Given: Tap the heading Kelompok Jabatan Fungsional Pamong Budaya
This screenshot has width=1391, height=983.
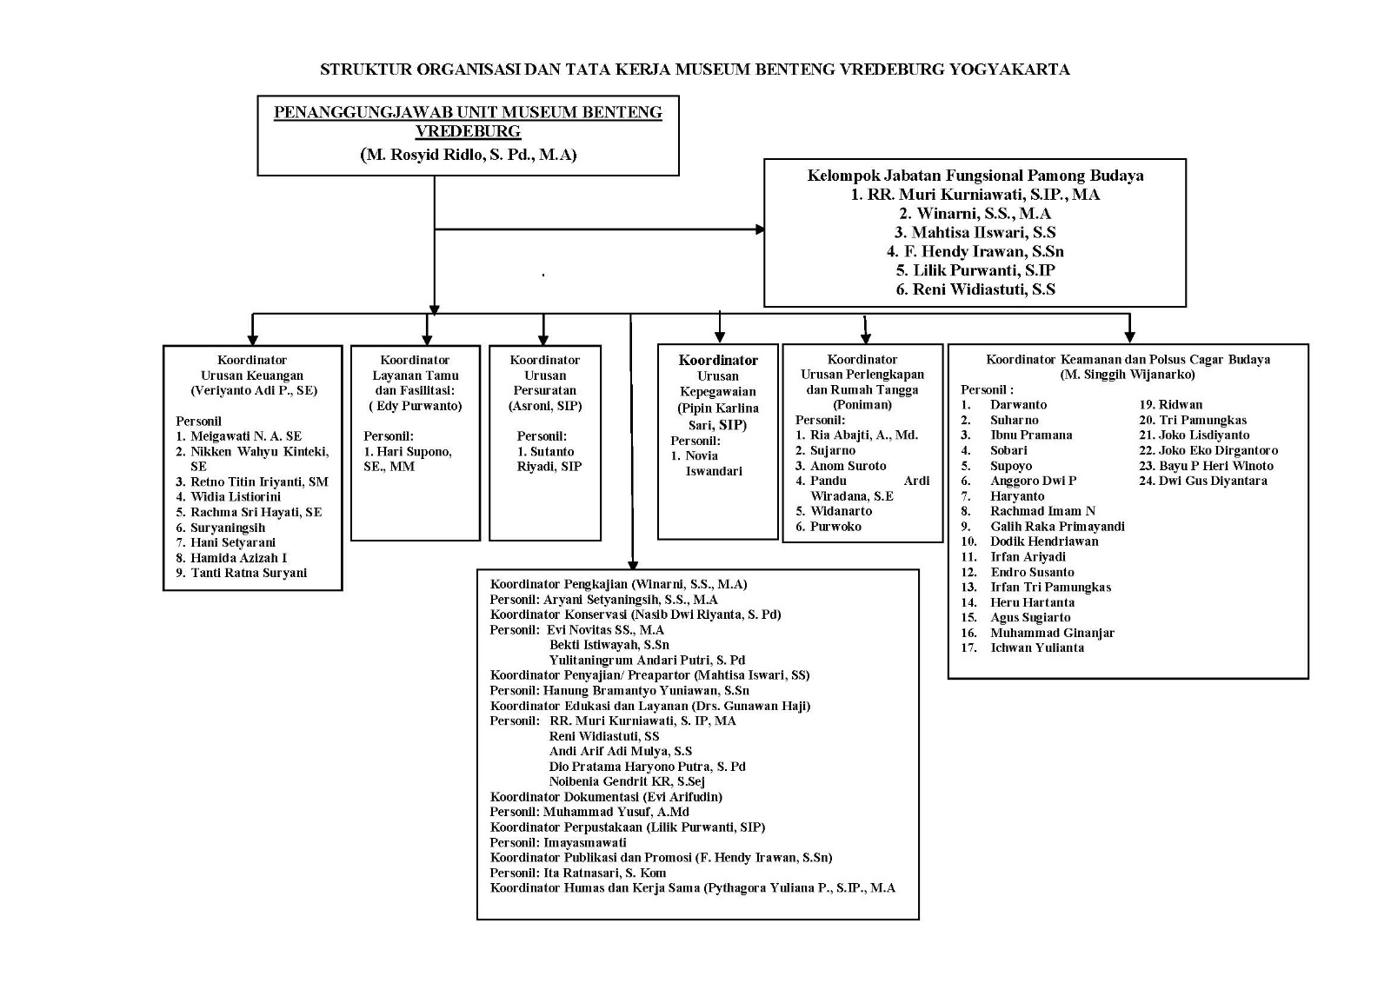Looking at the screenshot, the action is pos(975,176).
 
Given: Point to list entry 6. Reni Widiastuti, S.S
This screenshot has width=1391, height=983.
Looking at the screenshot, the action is pos(975,289).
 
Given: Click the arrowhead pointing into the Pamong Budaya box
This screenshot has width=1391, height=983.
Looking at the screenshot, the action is pos(760,229).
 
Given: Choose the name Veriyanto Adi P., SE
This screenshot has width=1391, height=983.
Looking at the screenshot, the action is pos(254,390).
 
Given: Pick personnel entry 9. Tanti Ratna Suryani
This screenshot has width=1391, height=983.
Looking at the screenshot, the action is pos(241,573).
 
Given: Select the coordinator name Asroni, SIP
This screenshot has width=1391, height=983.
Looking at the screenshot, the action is pos(545,406).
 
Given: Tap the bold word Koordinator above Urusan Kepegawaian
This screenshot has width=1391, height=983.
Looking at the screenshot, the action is pos(718,360).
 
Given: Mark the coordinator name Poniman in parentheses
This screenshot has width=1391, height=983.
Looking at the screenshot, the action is pos(862,405).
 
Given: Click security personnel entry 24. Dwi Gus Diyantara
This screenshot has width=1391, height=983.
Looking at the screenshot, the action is pos(1203,481).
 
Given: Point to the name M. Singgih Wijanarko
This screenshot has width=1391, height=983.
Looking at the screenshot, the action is pos(1128,375).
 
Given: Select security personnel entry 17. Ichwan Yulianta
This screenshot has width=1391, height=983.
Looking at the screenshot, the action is pos(1022,648).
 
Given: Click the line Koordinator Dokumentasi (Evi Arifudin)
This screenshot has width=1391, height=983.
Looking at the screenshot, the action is pos(606,797).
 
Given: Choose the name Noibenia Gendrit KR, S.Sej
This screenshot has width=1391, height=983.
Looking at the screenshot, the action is pos(627,781).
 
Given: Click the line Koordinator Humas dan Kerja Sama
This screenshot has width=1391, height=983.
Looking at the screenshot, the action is pos(692,888).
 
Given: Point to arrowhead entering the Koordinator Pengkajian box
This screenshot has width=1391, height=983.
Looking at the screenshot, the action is pos(632,564).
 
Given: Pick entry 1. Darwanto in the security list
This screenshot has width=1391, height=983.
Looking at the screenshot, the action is pos(1003,405).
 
